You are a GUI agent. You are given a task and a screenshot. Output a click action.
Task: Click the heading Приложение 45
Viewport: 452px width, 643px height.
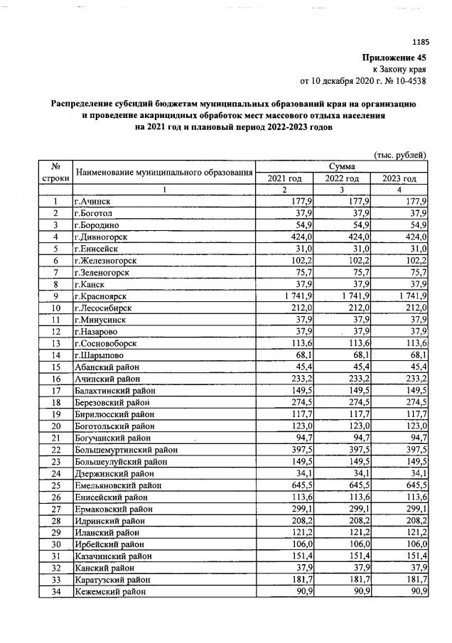(394, 58)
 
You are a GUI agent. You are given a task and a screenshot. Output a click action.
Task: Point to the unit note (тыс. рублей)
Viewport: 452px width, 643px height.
(399, 154)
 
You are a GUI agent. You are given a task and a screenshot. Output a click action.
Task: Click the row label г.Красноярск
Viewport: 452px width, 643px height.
(105, 295)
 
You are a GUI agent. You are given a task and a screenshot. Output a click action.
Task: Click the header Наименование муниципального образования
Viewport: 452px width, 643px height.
(164, 172)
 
